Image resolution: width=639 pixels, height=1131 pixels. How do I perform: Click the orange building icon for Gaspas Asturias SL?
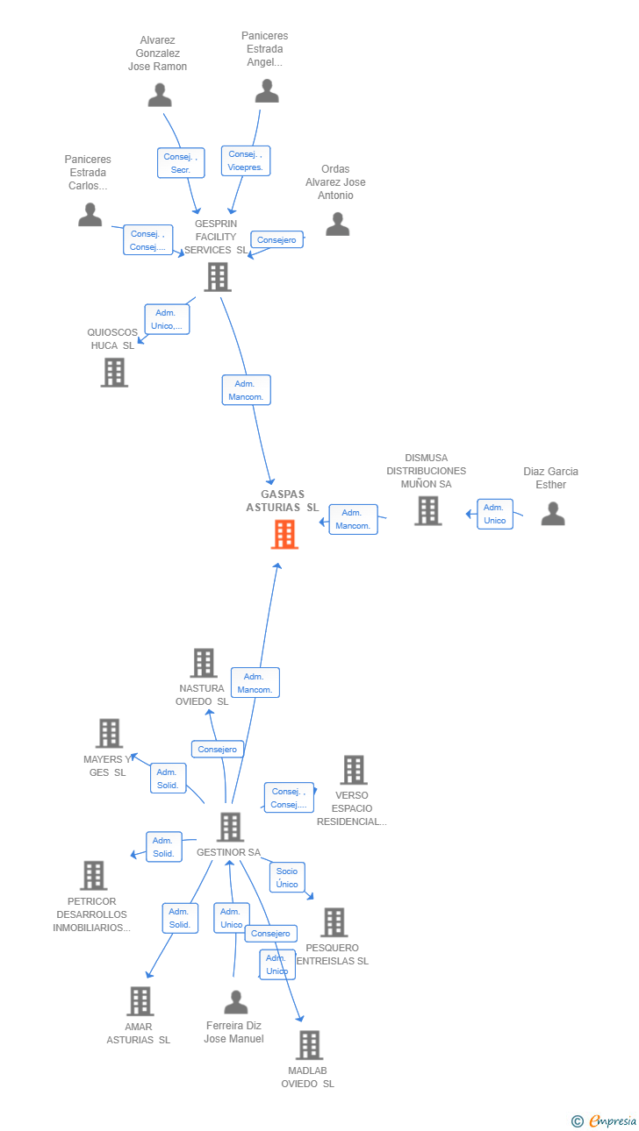pyautogui.click(x=284, y=534)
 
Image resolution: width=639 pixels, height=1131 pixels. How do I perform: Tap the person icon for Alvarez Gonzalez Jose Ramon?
pyautogui.click(x=160, y=95)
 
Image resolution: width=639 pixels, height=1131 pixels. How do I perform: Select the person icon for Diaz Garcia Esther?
pyautogui.click(x=553, y=513)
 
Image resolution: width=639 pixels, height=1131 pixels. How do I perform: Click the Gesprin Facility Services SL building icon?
pyautogui.click(x=217, y=277)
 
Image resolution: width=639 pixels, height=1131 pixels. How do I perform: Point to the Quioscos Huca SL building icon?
pyautogui.click(x=114, y=373)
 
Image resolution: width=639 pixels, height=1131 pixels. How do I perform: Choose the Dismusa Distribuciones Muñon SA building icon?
pyautogui.click(x=427, y=510)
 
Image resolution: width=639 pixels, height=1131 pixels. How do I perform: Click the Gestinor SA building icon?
pyautogui.click(x=229, y=827)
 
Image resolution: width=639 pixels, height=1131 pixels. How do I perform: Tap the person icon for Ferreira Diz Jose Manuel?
pyautogui.click(x=235, y=1001)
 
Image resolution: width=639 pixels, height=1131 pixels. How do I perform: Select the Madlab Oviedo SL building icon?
pyautogui.click(x=309, y=1045)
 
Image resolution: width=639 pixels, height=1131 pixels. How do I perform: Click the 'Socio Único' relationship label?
pyautogui.click(x=287, y=878)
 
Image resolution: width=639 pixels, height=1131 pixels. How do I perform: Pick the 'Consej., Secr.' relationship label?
pyautogui.click(x=181, y=163)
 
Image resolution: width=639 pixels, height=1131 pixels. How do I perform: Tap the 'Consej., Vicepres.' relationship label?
pyautogui.click(x=245, y=160)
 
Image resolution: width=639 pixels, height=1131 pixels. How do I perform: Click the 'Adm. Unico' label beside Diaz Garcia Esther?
pyautogui.click(x=495, y=514)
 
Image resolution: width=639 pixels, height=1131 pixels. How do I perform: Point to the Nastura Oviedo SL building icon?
pyautogui.click(x=204, y=663)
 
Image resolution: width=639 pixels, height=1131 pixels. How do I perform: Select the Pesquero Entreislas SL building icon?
pyautogui.click(x=334, y=922)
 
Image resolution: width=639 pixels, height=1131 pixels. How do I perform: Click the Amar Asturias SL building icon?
pyautogui.click(x=140, y=1001)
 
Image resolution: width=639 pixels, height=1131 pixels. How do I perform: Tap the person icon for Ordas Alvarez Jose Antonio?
pyautogui.click(x=338, y=225)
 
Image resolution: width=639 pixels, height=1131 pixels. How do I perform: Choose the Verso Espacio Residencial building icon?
pyautogui.click(x=353, y=770)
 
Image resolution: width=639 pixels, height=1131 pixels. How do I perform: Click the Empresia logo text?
pyautogui.click(x=613, y=1121)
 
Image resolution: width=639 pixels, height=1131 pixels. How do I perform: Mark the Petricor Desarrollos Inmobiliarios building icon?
pyautogui.click(x=93, y=875)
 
